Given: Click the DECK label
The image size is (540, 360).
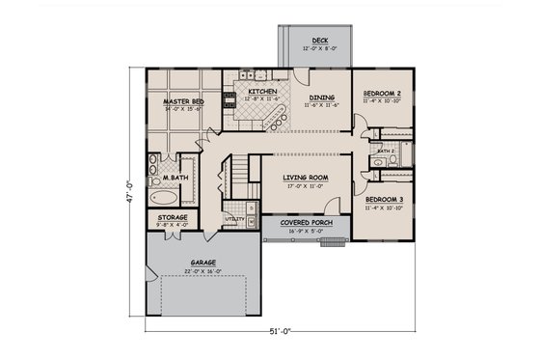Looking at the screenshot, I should pyautogui.click(x=307, y=41).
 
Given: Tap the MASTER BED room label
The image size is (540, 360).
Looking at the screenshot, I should pyautogui.click(x=181, y=100).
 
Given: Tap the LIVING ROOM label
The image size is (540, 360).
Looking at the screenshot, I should pyautogui.click(x=306, y=179).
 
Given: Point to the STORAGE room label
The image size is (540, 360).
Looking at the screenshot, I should pyautogui.click(x=173, y=218).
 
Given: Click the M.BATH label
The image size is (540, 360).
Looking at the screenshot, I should pyautogui.click(x=174, y=179).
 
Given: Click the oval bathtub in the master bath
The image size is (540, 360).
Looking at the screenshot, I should pyautogui.click(x=160, y=196).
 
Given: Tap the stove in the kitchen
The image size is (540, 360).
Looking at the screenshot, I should pyautogui.click(x=229, y=97).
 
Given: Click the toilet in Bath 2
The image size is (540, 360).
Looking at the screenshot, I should pyautogui.click(x=378, y=163).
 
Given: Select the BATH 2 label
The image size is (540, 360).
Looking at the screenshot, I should pyautogui.click(x=386, y=152).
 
